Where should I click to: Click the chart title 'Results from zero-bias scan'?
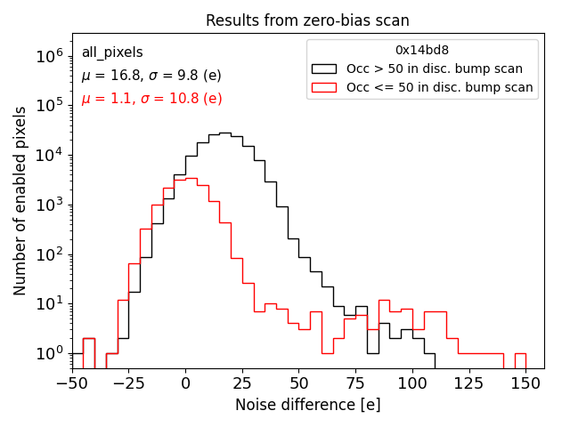click(x=307, y=20)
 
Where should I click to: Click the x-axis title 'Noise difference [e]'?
click(x=307, y=405)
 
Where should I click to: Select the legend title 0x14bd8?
click(x=421, y=51)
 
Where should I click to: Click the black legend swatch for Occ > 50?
click(x=324, y=68)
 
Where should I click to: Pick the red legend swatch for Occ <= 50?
click(x=324, y=87)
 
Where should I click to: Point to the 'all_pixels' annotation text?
click(x=112, y=53)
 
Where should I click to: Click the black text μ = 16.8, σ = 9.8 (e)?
click(x=151, y=77)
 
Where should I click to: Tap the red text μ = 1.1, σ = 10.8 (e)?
click(x=151, y=99)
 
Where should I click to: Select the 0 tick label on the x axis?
click(x=185, y=383)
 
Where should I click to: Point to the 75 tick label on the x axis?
click(x=355, y=383)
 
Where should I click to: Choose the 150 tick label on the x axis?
click(x=525, y=383)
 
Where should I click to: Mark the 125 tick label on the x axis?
click(x=468, y=383)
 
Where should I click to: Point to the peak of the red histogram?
click(x=191, y=179)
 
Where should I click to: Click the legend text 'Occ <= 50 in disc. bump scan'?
click(x=439, y=87)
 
